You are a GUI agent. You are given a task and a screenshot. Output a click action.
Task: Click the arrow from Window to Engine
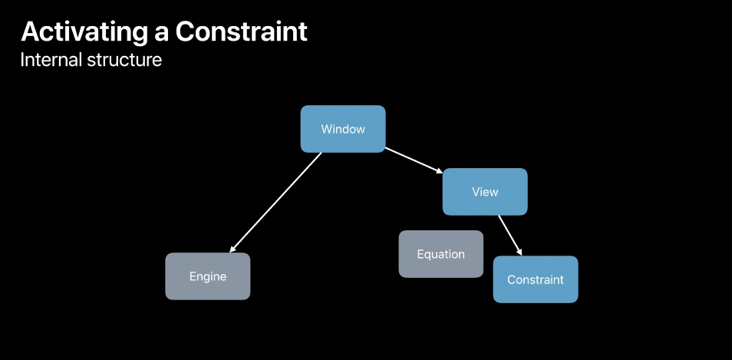coord(276,202)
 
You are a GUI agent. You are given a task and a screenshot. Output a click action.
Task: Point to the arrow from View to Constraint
coord(510,236)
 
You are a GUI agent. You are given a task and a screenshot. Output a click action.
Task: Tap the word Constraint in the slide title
coord(241,32)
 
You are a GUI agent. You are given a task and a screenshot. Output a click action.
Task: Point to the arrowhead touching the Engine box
coord(231,249)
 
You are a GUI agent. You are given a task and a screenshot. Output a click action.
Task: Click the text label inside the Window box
coord(342,129)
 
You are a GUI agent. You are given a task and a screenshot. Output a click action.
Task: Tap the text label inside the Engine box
coord(208,276)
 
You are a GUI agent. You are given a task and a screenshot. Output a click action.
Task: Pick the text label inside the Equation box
coord(441,254)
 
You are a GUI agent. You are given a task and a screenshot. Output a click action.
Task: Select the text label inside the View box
coord(485,192)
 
